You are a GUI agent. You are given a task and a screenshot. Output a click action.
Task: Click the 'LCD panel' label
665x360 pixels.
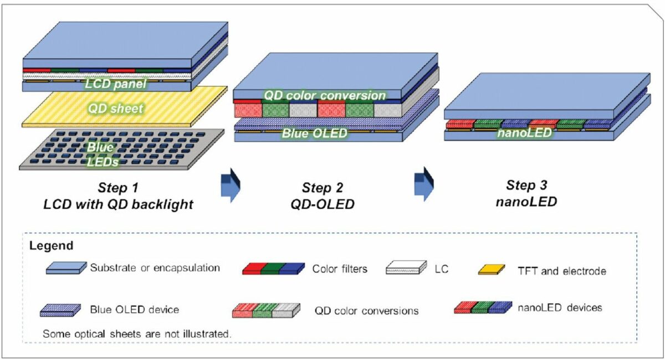tap(115, 85)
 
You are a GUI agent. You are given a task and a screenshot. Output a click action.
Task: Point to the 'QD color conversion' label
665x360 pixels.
tap(324, 95)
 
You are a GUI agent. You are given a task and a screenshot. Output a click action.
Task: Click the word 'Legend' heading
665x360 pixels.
tap(50, 245)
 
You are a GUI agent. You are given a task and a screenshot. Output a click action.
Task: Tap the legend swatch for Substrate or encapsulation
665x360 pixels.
tap(65, 269)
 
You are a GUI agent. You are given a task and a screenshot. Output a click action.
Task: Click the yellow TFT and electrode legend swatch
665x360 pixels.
tap(493, 270)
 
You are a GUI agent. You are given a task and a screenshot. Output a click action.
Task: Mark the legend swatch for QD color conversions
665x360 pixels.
tap(266, 311)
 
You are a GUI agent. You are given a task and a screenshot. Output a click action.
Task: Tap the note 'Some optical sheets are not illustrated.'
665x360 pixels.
tap(137, 334)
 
